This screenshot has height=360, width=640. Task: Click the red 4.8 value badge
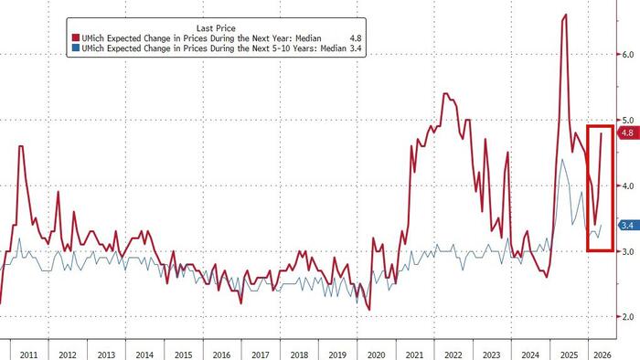coord(627,133)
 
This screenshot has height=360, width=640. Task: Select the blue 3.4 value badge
coord(627,225)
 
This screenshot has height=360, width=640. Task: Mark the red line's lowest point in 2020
coord(368,310)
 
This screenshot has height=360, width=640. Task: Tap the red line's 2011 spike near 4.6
coord(20,146)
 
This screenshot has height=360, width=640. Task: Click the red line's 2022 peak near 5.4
coord(445,93)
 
